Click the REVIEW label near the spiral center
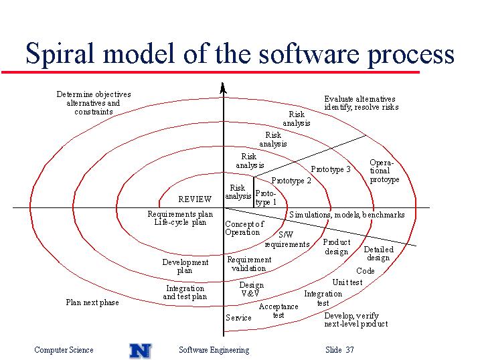195,199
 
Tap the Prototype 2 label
291,181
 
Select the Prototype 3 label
331,169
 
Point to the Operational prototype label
384,171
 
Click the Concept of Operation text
244,228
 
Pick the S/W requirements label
287,240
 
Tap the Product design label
337,247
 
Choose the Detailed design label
379,254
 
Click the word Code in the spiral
366,271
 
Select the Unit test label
347,282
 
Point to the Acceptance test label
278,310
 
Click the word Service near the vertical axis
238,318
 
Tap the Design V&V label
251,289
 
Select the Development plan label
185,266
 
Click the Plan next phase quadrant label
92,302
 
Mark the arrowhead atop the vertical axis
223,88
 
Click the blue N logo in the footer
141,351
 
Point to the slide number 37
350,349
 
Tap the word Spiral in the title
60,54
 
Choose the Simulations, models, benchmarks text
347,215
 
